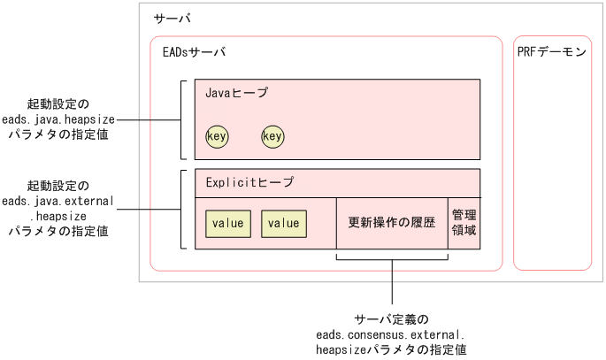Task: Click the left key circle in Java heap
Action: (217, 136)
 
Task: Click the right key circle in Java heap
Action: (272, 136)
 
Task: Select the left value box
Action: (227, 224)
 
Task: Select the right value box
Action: (284, 224)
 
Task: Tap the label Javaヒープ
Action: (236, 92)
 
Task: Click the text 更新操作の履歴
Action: (392, 223)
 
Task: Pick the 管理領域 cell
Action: (464, 223)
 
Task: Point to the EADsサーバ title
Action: (195, 52)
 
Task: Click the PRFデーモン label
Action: (552, 52)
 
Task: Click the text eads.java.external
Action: (58, 202)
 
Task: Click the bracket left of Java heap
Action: (182, 119)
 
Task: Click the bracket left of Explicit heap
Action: (182, 209)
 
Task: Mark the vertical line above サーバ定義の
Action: (393, 283)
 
